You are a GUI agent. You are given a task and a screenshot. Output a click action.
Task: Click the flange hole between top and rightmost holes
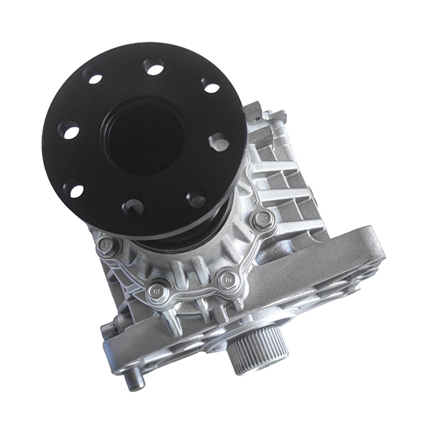pyautogui.click(x=210, y=85)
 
